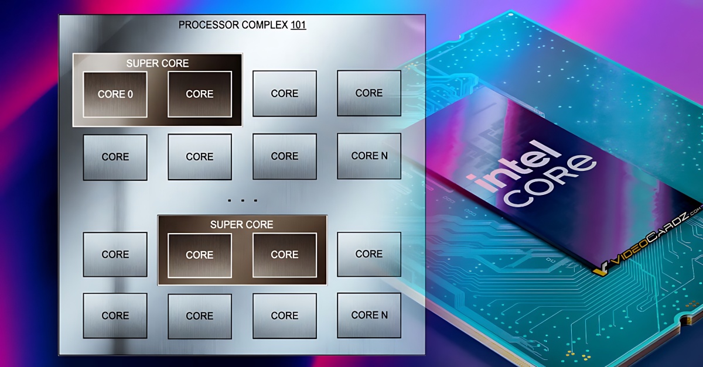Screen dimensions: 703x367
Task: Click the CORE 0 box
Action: [115, 94]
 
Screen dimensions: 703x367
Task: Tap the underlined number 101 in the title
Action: [298, 25]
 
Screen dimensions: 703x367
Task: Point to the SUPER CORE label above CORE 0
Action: [158, 63]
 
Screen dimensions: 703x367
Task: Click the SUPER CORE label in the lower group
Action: [241, 225]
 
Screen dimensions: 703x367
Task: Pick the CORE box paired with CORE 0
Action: [200, 94]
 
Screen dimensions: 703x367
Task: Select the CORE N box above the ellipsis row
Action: [369, 156]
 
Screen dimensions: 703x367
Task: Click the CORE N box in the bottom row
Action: [369, 315]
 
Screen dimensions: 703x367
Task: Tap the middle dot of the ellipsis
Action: [243, 200]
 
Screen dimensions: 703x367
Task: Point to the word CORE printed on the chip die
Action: [550, 183]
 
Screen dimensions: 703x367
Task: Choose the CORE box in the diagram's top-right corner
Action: [369, 93]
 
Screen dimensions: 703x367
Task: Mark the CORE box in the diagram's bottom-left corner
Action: [115, 315]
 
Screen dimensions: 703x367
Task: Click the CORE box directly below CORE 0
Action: [115, 157]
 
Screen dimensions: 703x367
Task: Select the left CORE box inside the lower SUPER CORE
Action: [200, 255]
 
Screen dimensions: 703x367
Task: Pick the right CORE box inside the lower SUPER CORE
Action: [285, 255]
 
